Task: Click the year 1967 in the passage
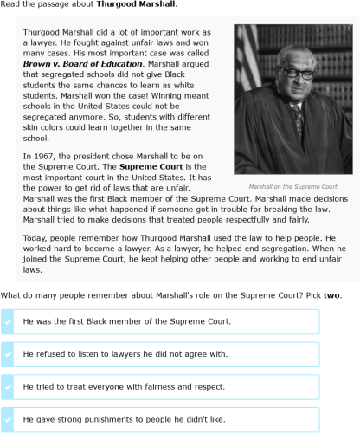pos(46,156)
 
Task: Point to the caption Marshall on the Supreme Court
pos(292,186)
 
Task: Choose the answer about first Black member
pos(127,321)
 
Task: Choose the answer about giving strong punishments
pos(125,419)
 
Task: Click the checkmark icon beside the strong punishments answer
pos(8,419)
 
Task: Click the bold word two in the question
pos(332,295)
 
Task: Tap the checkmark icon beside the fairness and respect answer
pos(8,387)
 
